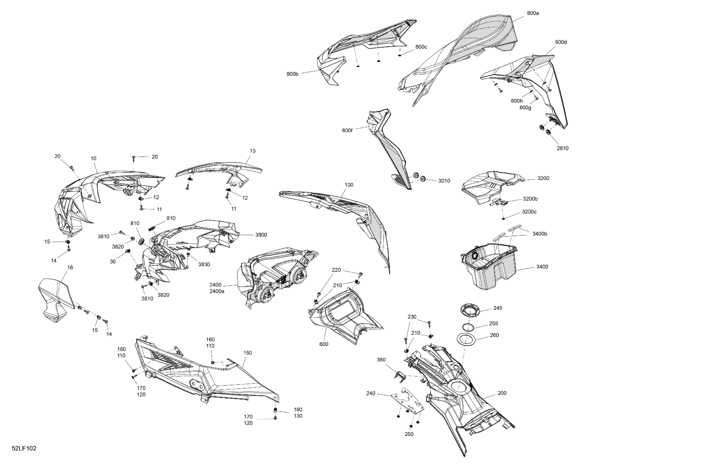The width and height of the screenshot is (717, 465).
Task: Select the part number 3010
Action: [x=444, y=181]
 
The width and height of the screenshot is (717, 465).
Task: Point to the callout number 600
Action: [x=324, y=344]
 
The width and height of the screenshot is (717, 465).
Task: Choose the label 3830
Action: [x=204, y=264]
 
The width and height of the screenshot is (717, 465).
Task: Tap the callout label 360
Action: [x=381, y=360]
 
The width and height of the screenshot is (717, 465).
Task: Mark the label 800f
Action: [x=347, y=131]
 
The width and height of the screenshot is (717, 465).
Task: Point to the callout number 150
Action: [x=247, y=353]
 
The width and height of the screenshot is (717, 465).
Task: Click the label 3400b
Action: [x=540, y=234]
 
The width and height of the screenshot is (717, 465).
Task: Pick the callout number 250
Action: [x=409, y=434]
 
